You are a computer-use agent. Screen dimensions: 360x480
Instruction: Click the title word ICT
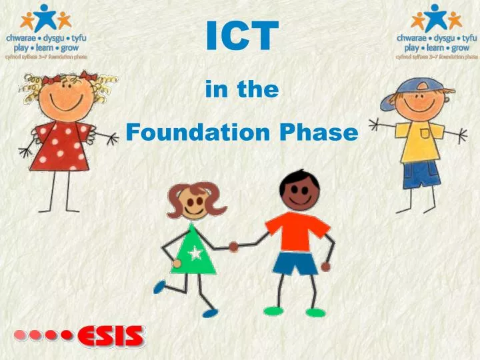(x=241, y=37)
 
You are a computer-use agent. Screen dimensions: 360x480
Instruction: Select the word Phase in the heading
(x=319, y=133)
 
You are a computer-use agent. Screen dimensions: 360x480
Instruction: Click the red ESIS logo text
(x=111, y=335)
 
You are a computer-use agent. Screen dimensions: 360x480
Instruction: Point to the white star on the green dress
(x=195, y=254)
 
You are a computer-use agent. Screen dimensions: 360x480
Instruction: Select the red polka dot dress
(x=61, y=143)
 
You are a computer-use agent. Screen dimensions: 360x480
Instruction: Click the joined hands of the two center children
(x=234, y=246)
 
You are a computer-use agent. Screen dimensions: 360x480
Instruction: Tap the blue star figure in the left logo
(x=46, y=17)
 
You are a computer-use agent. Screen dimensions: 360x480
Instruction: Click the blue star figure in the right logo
(x=437, y=17)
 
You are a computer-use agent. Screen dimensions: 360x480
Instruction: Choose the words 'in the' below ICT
(x=242, y=90)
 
